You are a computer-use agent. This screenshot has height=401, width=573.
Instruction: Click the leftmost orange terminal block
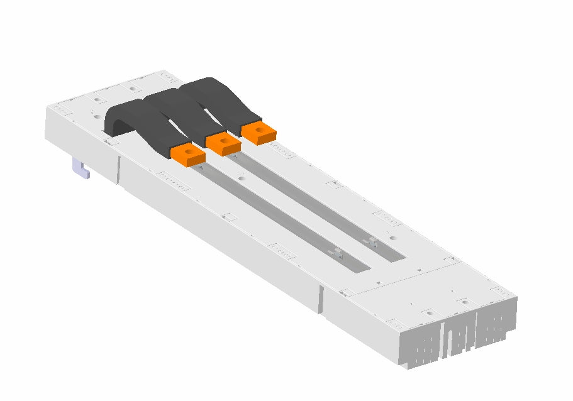(187, 154)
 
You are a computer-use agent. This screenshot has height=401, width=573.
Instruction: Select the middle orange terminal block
(223, 143)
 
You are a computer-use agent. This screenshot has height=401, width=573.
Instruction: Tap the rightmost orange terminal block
(259, 132)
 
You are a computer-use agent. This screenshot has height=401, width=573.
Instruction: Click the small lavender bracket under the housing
(81, 168)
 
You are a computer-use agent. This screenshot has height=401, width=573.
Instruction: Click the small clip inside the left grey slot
(337, 252)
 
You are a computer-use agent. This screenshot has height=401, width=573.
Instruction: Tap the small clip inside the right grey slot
(372, 240)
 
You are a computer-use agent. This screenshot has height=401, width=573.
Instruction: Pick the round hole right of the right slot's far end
(392, 238)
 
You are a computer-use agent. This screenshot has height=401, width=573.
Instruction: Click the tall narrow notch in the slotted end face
(448, 340)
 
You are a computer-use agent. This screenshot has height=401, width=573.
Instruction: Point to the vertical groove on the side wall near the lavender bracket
(118, 170)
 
